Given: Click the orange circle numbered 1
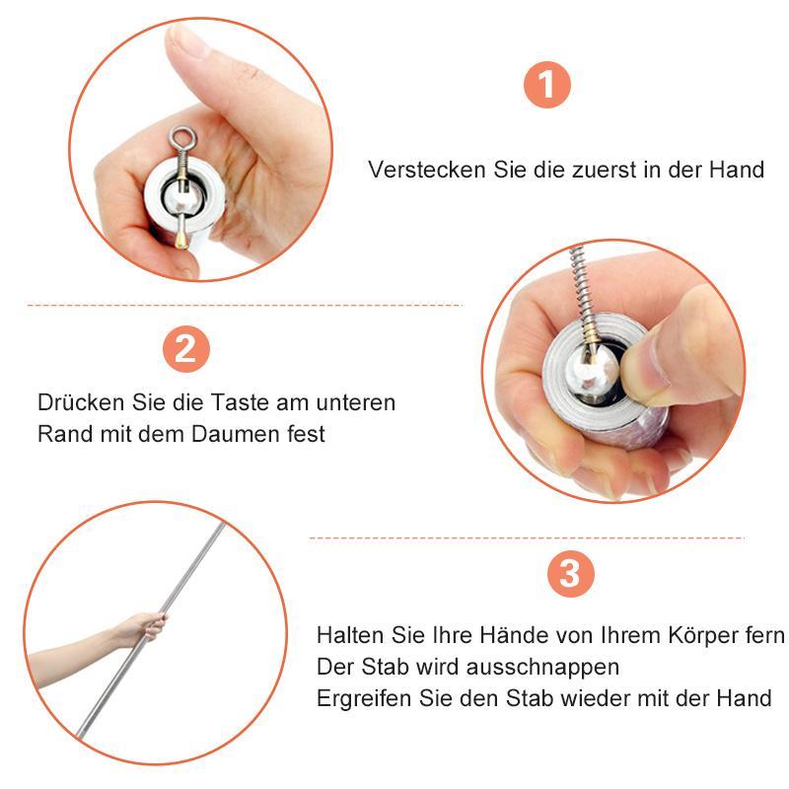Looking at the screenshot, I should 547,86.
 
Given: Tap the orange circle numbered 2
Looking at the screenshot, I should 185,349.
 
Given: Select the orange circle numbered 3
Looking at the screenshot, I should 569,574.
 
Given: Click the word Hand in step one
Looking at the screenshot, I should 737,170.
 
